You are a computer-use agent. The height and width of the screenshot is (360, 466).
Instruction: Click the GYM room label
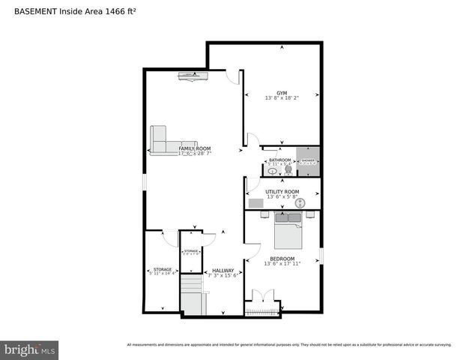point(282,93)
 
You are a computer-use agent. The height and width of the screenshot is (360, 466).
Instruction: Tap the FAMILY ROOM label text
point(195,148)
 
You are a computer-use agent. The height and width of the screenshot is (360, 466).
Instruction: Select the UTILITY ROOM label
point(282,192)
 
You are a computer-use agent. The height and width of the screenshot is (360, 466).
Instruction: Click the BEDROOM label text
point(282,259)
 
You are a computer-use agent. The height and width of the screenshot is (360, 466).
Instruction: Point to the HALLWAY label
point(223,271)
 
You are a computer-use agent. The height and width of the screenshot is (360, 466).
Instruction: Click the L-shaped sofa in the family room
point(169,140)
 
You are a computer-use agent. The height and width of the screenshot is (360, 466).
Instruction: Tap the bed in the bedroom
point(288,235)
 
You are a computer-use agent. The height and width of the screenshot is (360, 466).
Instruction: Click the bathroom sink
point(273,171)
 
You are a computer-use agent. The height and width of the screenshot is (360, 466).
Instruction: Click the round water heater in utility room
point(300,203)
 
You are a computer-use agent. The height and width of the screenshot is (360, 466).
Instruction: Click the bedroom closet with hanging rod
point(262,307)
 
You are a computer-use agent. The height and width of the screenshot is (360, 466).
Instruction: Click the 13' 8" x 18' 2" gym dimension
point(282,98)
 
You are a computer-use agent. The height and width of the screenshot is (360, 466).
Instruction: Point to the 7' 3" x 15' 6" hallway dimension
point(223,276)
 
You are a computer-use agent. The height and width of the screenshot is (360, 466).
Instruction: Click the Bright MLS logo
point(30,349)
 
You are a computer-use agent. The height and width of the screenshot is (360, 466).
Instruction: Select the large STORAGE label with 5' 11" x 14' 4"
point(163,269)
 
